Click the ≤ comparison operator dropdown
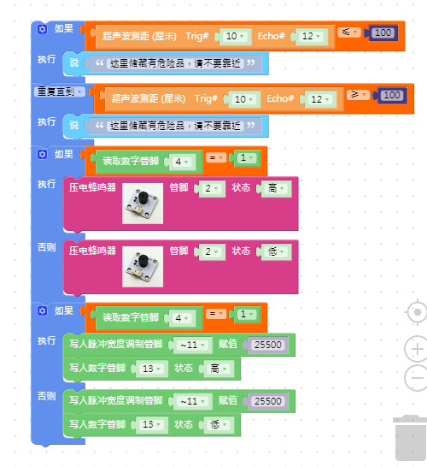point(349,32)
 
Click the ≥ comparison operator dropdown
point(358,95)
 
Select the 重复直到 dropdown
point(60,92)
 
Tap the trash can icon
point(411,438)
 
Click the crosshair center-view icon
point(417,312)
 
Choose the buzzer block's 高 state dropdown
point(276,188)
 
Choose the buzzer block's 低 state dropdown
point(276,251)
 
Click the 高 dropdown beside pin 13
point(219,369)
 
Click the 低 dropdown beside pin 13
point(219,424)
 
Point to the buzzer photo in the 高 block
point(143,204)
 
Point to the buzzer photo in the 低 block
point(143,267)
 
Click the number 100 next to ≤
point(383,33)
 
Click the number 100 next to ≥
point(392,95)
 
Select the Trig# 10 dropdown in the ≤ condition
point(235,36)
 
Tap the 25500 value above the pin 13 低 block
point(268,401)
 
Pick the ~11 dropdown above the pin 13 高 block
point(193,345)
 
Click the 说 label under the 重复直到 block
point(73,125)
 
